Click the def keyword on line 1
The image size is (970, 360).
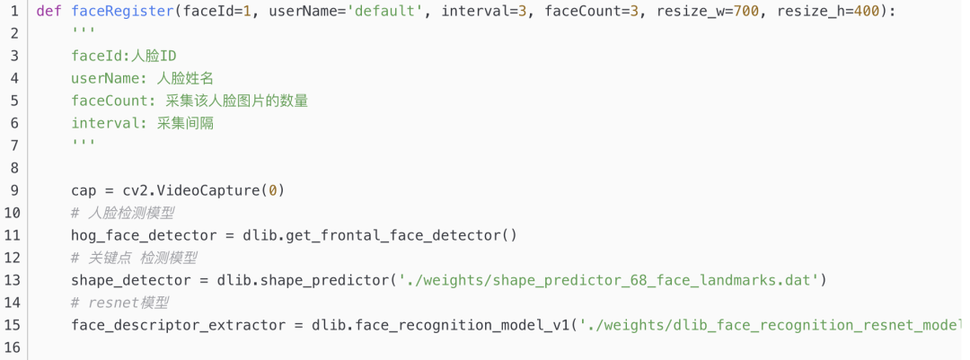tap(49, 11)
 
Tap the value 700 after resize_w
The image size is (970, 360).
tap(735, 11)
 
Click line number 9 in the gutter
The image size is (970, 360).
tap(14, 190)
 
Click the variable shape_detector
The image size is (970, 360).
tap(131, 280)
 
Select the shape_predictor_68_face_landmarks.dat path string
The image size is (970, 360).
tap(607, 280)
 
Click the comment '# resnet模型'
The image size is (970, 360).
tap(120, 303)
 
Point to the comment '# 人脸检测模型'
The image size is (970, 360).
tap(122, 213)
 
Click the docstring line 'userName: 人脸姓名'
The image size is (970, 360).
tap(142, 78)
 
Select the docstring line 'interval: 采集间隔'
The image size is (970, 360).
tap(142, 123)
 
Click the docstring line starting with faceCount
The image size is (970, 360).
tap(190, 101)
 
